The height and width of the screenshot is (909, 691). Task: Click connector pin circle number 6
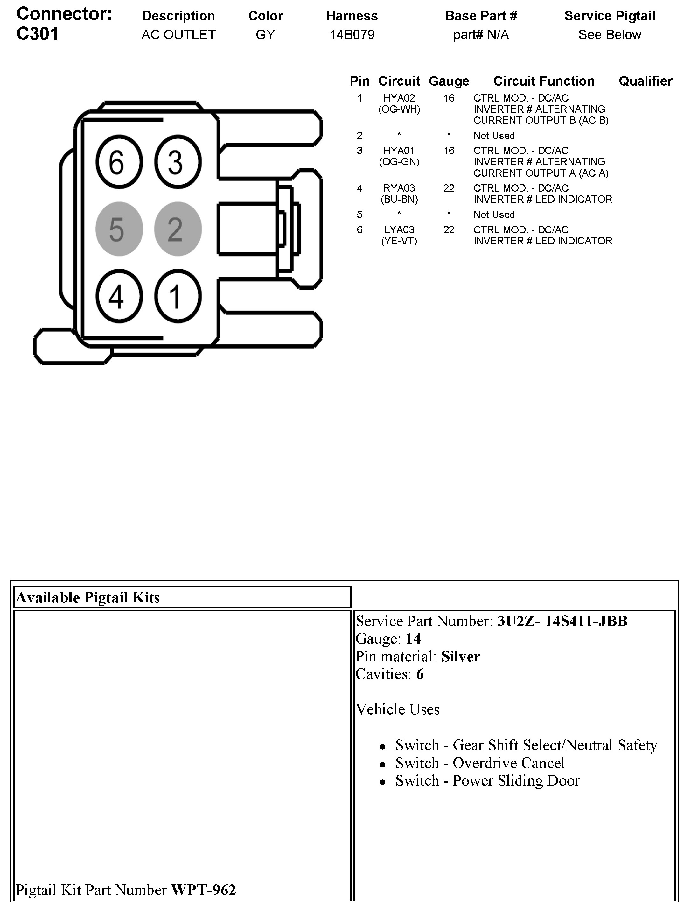click(x=119, y=162)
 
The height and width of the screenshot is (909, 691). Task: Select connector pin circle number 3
click(x=178, y=162)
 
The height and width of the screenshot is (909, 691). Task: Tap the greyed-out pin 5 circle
click(x=119, y=229)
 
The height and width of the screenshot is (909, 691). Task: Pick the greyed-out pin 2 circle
click(x=178, y=229)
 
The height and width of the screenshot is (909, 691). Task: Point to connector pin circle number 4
click(x=119, y=296)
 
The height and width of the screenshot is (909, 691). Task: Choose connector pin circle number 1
click(x=178, y=296)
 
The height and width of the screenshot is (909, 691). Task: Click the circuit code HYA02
click(x=399, y=98)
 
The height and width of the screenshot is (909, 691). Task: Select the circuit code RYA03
click(x=399, y=188)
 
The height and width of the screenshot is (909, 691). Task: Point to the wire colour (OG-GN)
click(x=399, y=162)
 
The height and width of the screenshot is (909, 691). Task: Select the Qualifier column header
click(x=645, y=81)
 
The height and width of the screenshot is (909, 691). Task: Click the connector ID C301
click(x=38, y=34)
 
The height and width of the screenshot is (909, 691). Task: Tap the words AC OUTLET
click(x=178, y=35)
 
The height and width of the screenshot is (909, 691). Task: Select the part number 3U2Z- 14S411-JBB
click(x=562, y=621)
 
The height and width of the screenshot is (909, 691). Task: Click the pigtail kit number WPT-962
click(x=203, y=890)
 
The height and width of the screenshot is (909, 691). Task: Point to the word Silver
click(x=461, y=656)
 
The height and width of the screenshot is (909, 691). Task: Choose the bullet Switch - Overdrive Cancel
click(x=479, y=763)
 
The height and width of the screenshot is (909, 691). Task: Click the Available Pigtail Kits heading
click(x=87, y=597)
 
